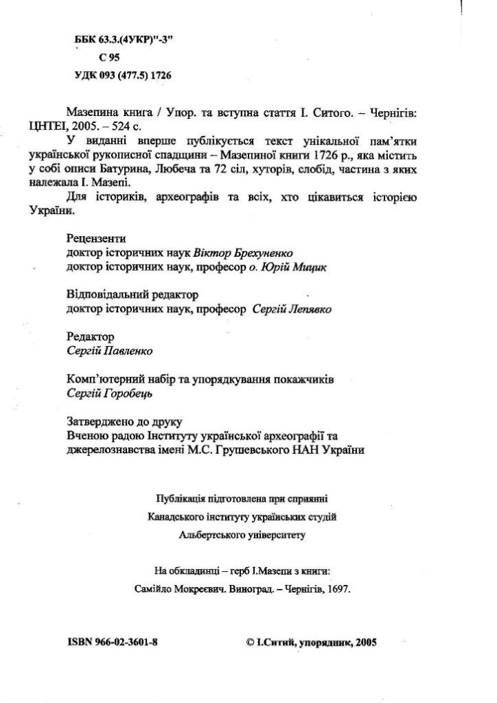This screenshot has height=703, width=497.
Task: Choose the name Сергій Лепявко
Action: (x=292, y=310)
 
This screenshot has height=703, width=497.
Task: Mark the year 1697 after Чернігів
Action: (x=339, y=590)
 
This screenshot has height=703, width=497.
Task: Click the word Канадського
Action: (x=175, y=516)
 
